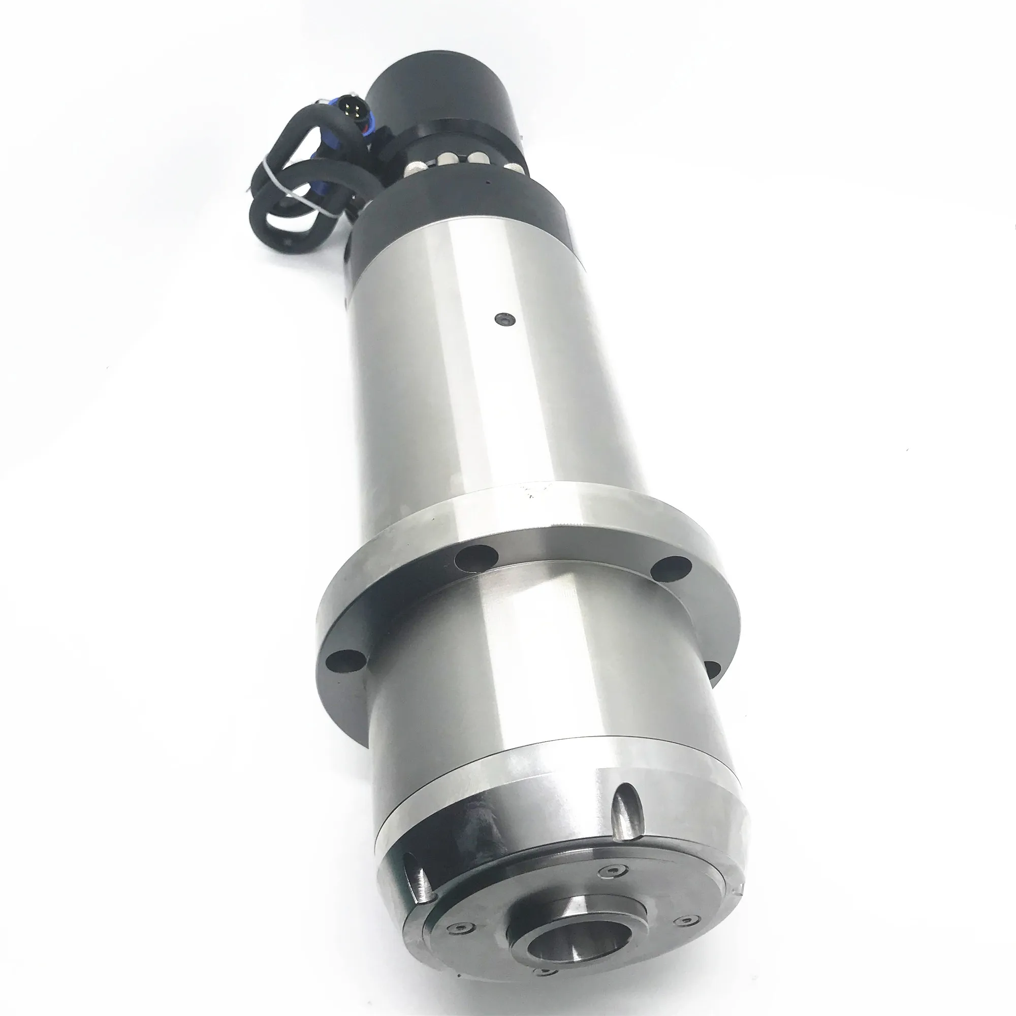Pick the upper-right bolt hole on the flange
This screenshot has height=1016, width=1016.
(x=672, y=568)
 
